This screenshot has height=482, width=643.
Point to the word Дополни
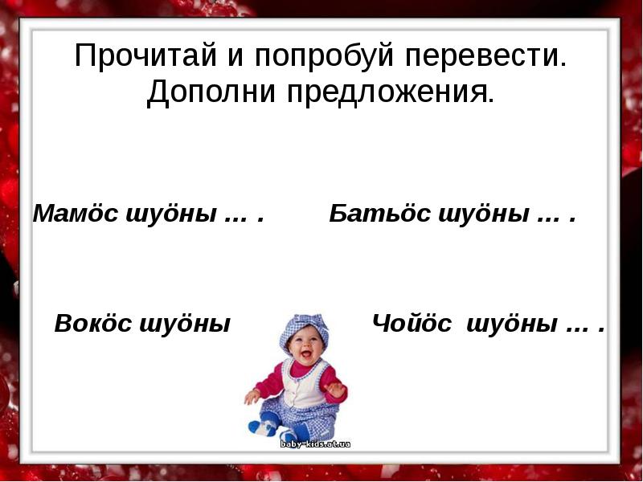coord(207,93)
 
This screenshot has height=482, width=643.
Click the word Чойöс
coord(412,324)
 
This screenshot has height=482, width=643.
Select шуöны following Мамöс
coord(171,214)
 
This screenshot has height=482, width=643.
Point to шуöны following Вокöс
coord(186,324)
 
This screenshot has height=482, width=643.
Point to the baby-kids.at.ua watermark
coord(315,443)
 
